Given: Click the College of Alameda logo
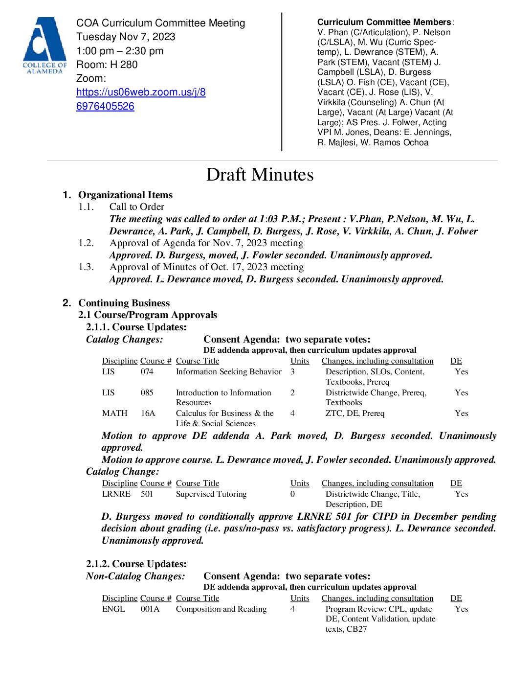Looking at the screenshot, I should [44, 46].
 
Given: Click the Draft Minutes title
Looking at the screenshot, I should [260, 175].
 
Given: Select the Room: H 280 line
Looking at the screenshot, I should [107, 65].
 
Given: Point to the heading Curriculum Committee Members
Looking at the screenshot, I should [384, 22].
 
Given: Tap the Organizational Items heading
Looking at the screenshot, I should [125, 195].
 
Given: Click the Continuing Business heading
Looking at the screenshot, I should [124, 303].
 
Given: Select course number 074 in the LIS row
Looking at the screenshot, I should [147, 372].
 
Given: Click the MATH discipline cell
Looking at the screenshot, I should [115, 413].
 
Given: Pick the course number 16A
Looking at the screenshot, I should [148, 413].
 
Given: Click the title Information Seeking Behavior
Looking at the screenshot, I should [228, 372].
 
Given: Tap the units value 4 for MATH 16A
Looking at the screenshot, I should [292, 413].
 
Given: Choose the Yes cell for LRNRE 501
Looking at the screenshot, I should [461, 494].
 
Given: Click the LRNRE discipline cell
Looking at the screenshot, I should [116, 494].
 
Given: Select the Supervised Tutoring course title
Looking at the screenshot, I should [211, 494].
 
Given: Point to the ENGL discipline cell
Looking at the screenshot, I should [113, 609].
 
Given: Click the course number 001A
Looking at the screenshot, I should [150, 609].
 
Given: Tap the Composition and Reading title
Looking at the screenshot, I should [221, 609].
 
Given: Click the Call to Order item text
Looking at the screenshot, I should [137, 207].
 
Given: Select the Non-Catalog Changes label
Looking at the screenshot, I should [135, 576].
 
